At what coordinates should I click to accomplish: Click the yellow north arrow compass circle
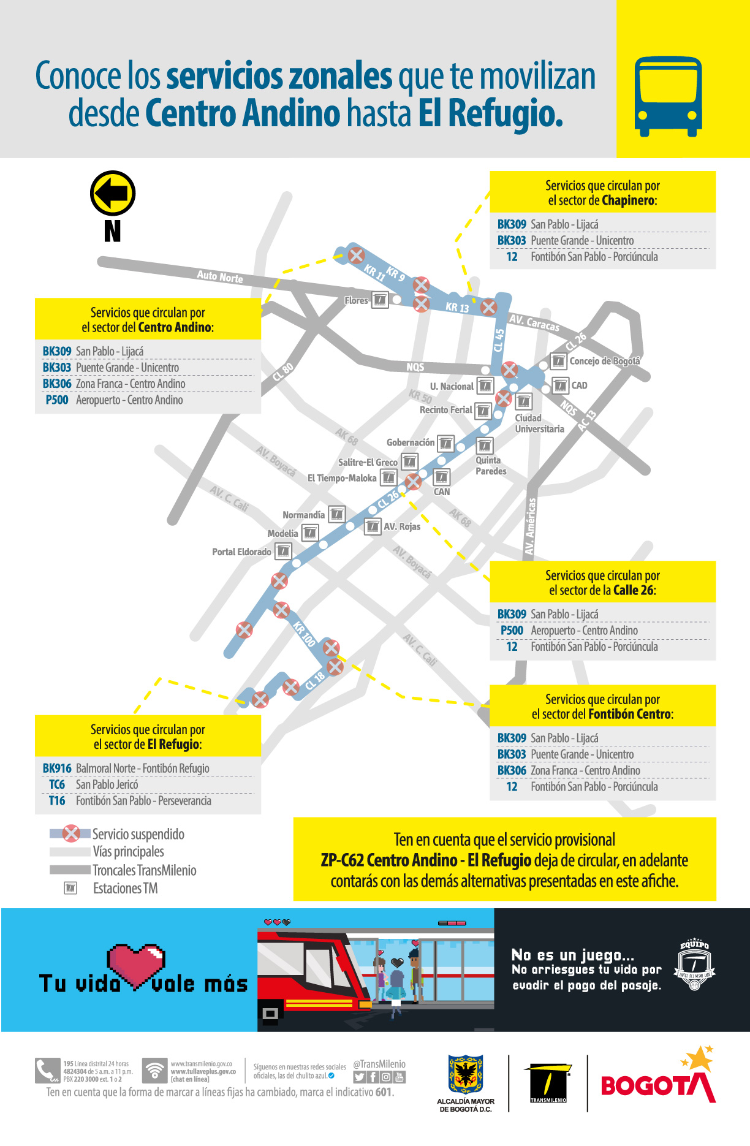[113, 193]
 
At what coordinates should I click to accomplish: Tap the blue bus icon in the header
[668, 96]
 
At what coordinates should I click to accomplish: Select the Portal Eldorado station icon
[283, 551]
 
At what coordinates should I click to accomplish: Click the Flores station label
[356, 300]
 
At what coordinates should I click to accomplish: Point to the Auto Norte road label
[219, 277]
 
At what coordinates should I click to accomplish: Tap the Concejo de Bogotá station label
[604, 361]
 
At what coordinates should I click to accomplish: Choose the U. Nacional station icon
[485, 385]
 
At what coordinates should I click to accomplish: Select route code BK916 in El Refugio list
[57, 768]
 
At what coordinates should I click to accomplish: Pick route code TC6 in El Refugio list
[57, 784]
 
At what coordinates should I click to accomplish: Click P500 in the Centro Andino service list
[57, 400]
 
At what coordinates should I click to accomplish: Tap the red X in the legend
[72, 833]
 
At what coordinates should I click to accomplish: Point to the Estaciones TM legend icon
[71, 887]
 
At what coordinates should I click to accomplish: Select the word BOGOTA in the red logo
[656, 1085]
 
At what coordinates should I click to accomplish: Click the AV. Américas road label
[531, 526]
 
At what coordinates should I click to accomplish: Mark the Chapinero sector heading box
[602, 192]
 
